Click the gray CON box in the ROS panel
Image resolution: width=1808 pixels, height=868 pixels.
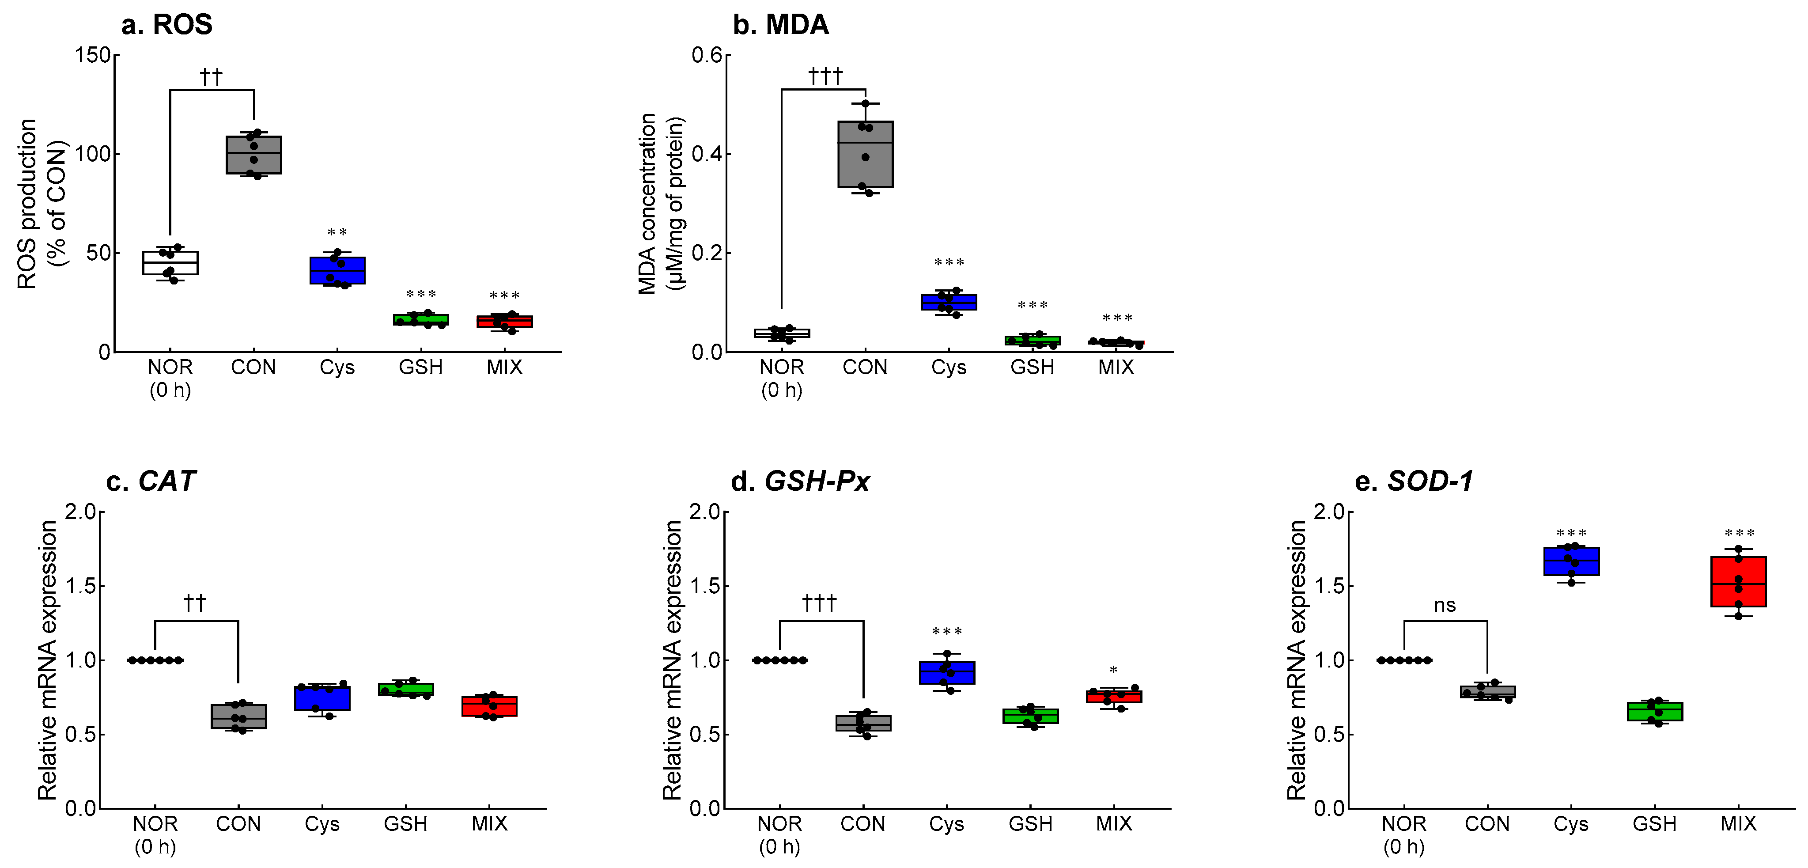253,155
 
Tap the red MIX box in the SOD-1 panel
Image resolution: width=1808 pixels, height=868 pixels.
1738,581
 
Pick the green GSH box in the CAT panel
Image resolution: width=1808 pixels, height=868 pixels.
406,689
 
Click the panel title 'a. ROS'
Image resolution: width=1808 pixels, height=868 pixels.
166,25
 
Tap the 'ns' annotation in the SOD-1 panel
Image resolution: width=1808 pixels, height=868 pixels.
1445,605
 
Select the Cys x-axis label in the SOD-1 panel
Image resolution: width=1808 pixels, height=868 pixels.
1571,824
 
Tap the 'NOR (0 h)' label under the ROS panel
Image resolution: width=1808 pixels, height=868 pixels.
170,378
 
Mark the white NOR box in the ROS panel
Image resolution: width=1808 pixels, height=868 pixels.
170,263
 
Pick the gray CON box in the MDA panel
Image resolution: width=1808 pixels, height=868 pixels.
866,155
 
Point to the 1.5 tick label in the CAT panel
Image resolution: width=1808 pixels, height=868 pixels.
80,586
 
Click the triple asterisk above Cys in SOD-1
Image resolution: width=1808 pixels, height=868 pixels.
1571,534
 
